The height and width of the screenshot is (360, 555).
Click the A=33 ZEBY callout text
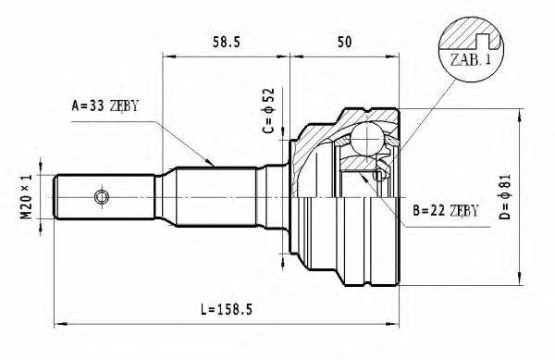(105, 106)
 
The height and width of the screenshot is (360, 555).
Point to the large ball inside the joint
(369, 141)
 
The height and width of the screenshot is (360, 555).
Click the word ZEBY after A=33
(122, 106)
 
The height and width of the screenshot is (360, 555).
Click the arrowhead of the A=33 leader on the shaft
(213, 166)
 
